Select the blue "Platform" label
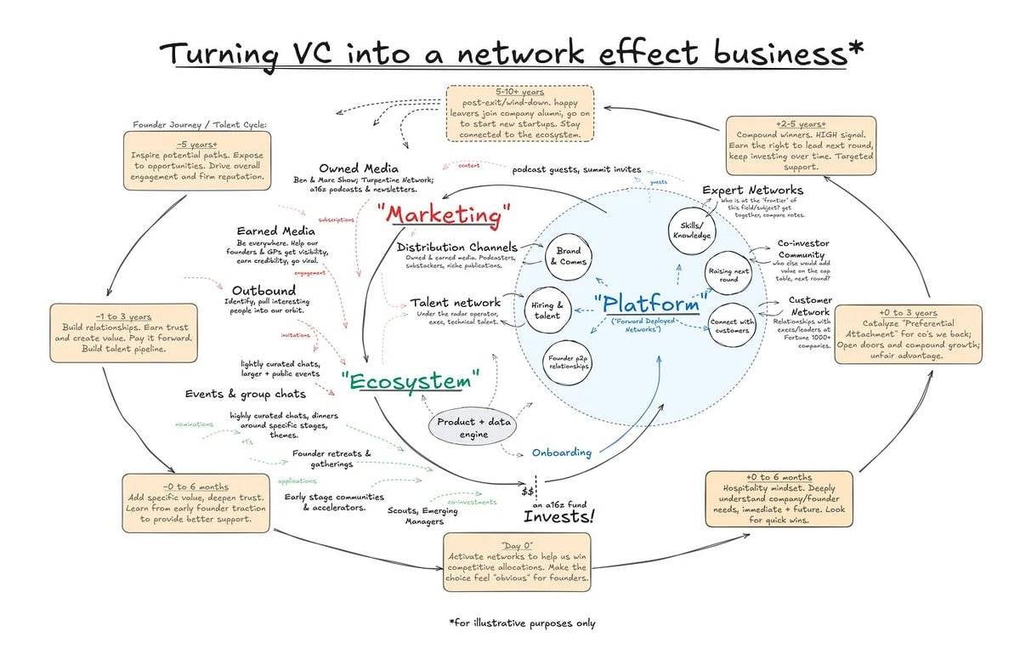coord(647,304)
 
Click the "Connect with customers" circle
coord(730,325)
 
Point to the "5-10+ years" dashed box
coord(519,112)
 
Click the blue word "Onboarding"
coord(563,452)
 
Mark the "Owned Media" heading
coord(359,168)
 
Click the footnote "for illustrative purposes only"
coord(521,623)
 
